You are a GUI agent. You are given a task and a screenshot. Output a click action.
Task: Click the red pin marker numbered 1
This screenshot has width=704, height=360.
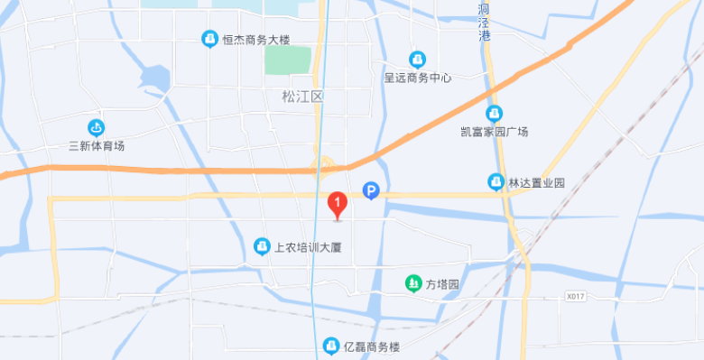tap(337, 205)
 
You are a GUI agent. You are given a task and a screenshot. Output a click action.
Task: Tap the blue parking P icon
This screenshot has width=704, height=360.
tap(370, 190)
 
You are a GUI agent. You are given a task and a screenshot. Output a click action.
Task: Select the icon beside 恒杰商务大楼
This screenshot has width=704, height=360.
tap(208, 40)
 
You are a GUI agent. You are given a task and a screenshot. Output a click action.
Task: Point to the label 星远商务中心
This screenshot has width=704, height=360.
tap(417, 78)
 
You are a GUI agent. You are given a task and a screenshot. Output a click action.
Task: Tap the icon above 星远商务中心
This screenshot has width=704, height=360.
tap(417, 59)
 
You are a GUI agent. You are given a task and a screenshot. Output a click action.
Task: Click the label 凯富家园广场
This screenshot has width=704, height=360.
tap(494, 132)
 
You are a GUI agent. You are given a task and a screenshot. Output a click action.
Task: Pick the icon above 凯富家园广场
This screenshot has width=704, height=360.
tap(494, 113)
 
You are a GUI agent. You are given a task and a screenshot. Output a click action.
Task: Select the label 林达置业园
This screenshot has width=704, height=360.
tap(536, 182)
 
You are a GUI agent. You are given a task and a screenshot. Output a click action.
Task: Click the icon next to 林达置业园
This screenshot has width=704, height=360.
tap(496, 182)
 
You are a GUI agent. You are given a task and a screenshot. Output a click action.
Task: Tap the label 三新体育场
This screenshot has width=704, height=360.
tap(97, 146)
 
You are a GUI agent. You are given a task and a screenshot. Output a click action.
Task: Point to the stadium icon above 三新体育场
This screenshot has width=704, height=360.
tap(97, 128)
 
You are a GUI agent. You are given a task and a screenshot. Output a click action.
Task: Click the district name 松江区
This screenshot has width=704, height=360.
tap(301, 97)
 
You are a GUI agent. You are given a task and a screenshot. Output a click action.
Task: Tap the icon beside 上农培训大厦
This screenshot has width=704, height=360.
tap(262, 245)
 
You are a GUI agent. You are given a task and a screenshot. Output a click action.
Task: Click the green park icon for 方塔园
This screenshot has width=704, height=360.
tap(412, 284)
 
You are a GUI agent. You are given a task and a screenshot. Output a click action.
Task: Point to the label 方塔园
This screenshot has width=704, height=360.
tap(443, 284)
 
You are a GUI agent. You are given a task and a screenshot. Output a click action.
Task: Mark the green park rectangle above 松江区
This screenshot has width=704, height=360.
tap(288, 60)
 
